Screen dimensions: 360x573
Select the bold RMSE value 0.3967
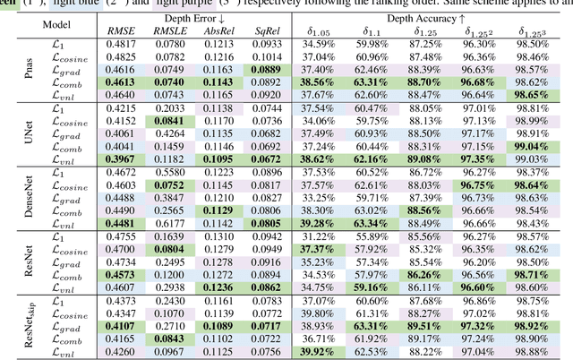point(122,158)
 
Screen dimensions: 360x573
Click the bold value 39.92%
point(317,352)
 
